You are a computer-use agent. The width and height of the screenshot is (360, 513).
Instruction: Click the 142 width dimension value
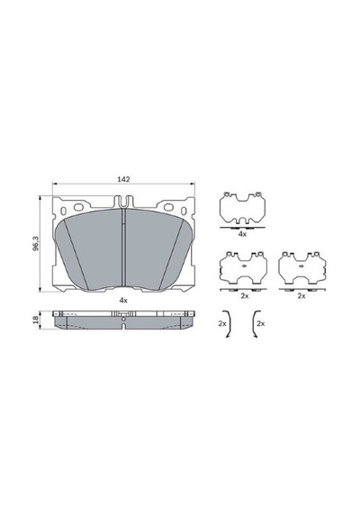[123, 179]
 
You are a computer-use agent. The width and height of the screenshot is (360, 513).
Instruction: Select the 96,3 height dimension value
[36, 243]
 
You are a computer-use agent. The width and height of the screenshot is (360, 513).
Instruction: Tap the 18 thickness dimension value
[36, 319]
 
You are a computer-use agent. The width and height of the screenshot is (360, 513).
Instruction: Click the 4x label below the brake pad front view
[123, 300]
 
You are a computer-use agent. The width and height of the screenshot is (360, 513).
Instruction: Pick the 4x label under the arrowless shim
[242, 234]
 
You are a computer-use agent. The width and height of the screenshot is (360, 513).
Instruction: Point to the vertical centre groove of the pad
[123, 246]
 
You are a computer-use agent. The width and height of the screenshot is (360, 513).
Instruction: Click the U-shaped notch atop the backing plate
[123, 202]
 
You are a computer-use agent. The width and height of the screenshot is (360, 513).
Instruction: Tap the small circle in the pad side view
[123, 319]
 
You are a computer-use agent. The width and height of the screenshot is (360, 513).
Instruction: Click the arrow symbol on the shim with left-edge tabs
[244, 266]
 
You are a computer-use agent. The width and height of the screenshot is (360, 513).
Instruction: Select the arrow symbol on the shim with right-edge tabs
[301, 266]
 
